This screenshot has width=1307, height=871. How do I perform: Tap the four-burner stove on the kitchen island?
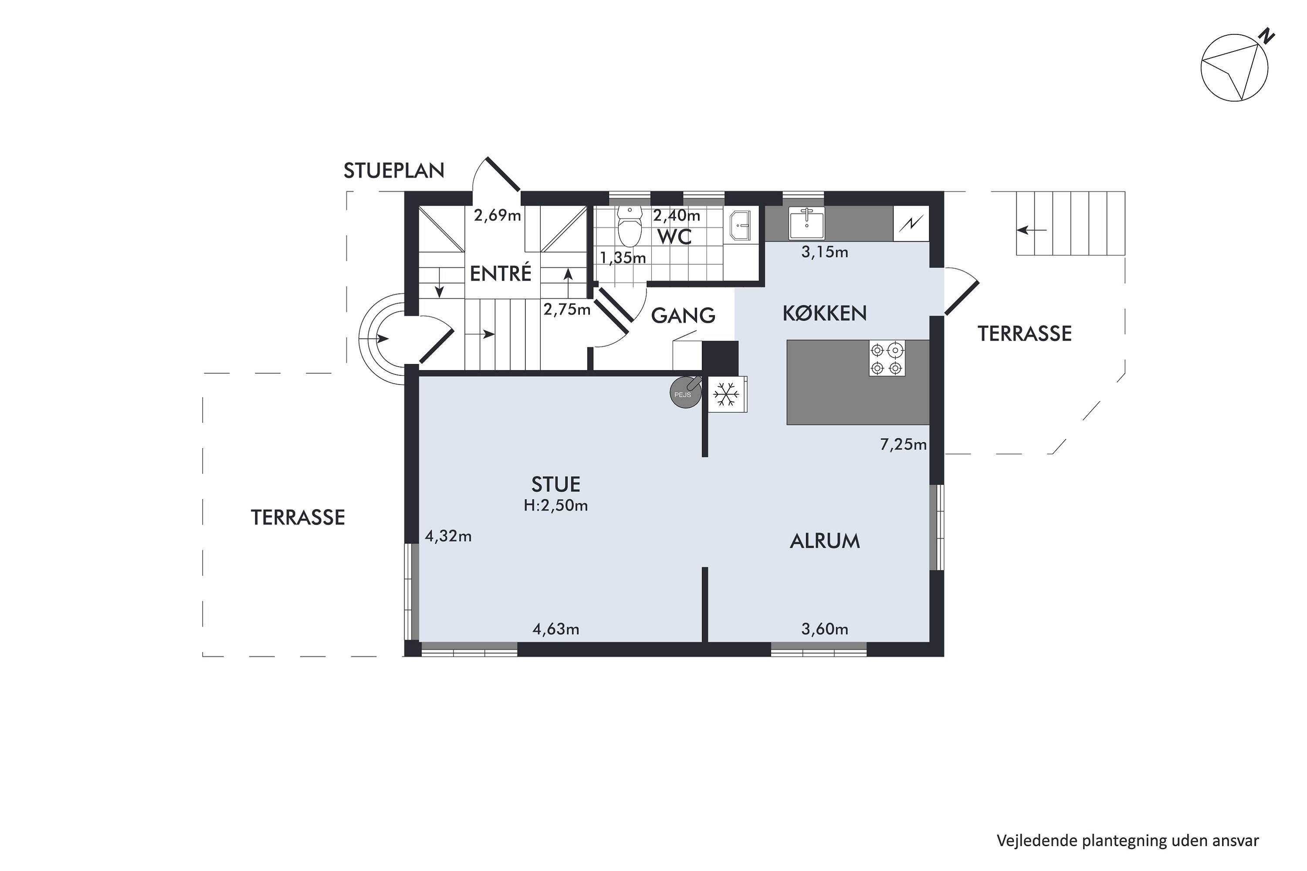(887, 359)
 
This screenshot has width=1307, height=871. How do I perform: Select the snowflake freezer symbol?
(726, 395)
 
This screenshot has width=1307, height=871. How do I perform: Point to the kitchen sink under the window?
(806, 223)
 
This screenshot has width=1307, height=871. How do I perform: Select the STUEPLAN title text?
(393, 171)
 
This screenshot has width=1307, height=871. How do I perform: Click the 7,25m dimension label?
(903, 444)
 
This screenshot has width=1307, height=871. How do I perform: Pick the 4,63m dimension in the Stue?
(556, 629)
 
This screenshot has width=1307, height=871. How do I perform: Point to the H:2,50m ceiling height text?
(556, 506)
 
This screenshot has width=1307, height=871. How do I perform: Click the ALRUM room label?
(825, 541)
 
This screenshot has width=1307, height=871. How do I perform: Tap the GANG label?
(683, 315)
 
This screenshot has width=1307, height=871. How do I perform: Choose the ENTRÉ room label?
(501, 274)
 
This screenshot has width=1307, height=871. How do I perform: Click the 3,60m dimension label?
(825, 629)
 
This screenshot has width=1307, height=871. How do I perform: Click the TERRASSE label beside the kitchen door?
(1025, 334)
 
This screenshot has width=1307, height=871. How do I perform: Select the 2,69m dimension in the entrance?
(498, 216)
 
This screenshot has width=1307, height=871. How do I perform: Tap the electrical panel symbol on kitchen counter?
(911, 224)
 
